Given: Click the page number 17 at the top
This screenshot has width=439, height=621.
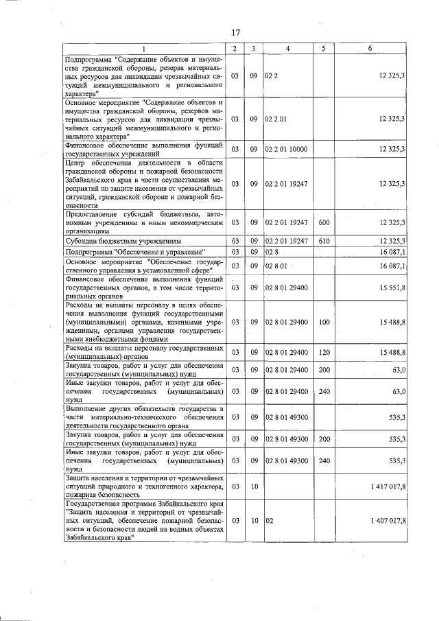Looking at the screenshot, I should pos(235,32).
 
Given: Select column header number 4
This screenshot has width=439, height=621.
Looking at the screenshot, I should pos(287,48).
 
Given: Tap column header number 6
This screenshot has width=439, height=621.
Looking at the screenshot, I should pos(370,48).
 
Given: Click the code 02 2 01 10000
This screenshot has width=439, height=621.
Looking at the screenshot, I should pos(287,149).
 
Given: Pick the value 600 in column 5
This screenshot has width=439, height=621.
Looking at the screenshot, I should pos(324,222).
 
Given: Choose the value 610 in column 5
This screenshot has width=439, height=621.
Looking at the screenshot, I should pos(324,241).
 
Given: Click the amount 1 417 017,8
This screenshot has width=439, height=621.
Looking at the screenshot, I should pos(388,486).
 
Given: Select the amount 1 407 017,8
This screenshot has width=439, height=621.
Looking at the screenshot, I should pos(388,521).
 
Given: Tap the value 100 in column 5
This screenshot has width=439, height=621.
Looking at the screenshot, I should pos(324,321).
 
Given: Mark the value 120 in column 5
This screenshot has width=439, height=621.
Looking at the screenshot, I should pos(324,352).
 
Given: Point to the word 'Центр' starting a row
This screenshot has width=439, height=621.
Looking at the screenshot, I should pos(74,163).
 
